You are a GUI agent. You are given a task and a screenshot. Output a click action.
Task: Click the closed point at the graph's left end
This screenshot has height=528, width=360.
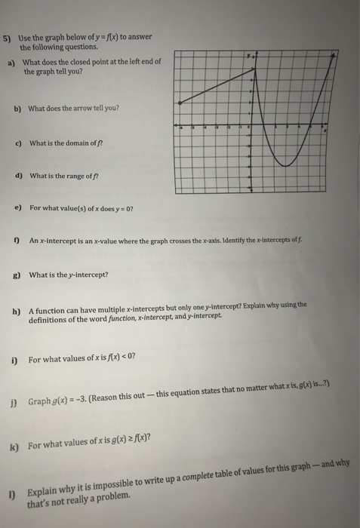point(178,103)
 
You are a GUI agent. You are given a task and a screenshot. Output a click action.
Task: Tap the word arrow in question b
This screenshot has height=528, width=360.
point(88,108)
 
